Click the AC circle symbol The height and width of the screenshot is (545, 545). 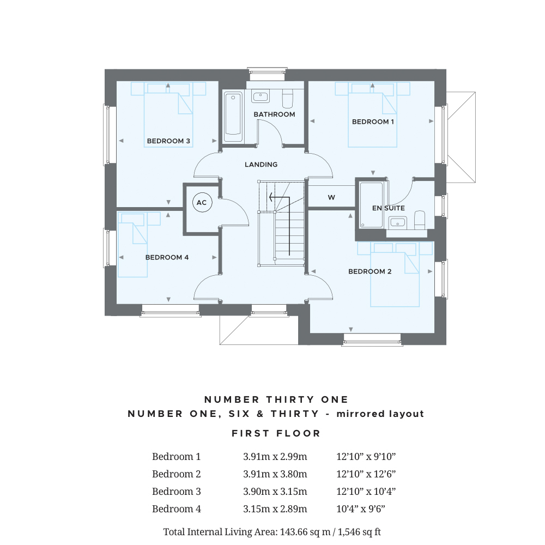pyautogui.click(x=202, y=203)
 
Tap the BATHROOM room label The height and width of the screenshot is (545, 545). pyautogui.click(x=274, y=114)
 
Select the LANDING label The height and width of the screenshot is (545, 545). pyautogui.click(x=261, y=165)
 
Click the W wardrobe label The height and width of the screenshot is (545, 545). pyautogui.click(x=331, y=198)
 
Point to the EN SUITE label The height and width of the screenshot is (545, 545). pyautogui.click(x=388, y=208)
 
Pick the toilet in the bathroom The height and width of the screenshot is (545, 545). pyautogui.click(x=288, y=99)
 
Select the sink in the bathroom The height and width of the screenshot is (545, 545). pyautogui.click(x=261, y=96)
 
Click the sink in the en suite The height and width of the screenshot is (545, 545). pyautogui.click(x=397, y=222)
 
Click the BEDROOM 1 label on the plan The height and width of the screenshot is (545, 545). pyautogui.click(x=373, y=122)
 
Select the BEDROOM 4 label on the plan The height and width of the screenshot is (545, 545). pyautogui.click(x=167, y=257)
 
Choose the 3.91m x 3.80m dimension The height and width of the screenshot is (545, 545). pyautogui.click(x=275, y=474)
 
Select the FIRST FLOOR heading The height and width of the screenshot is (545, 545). pyautogui.click(x=276, y=433)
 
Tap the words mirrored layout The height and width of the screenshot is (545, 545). pyautogui.click(x=380, y=414)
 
